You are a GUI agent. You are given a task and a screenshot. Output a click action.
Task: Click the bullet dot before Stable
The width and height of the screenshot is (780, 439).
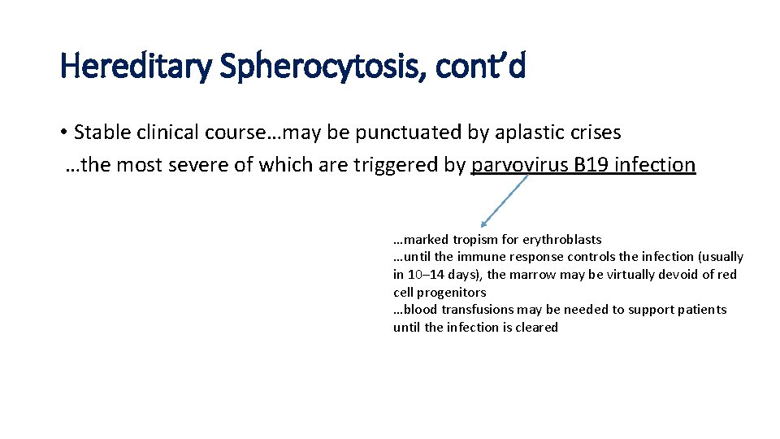(x=63, y=133)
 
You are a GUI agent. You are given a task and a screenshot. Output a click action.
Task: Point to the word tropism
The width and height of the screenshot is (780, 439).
(x=474, y=240)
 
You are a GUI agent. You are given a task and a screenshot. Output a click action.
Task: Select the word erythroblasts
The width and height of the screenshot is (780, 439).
(x=561, y=240)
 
